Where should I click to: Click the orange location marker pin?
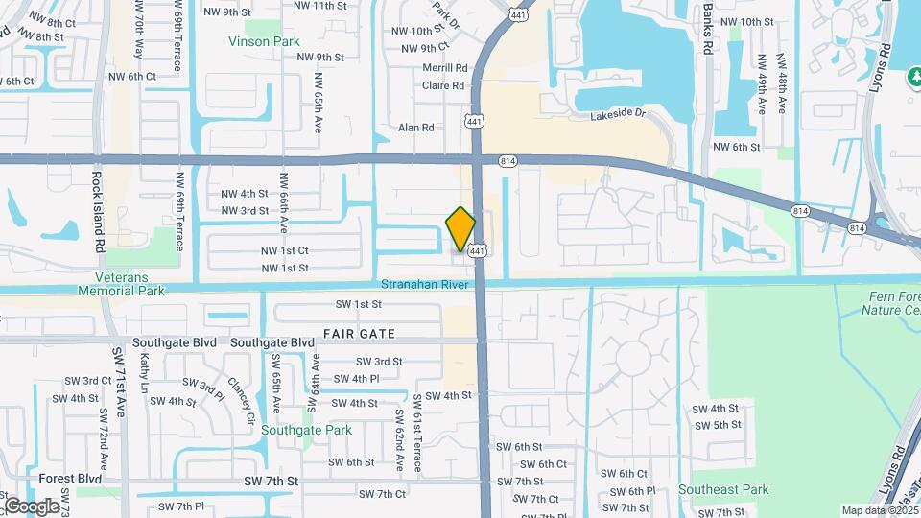(461, 229)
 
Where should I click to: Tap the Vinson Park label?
(264, 41)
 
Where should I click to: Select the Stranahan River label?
(424, 285)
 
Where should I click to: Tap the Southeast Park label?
(723, 489)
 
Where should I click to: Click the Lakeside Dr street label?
(621, 113)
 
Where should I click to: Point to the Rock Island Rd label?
(96, 212)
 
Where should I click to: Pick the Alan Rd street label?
(416, 127)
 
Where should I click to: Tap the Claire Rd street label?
(443, 85)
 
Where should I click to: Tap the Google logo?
(31, 506)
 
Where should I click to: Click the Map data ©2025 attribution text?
(880, 510)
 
